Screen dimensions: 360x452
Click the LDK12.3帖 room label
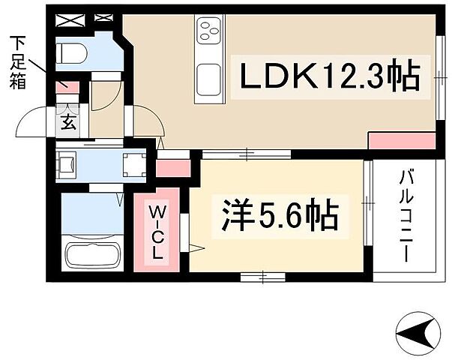pos(328,76)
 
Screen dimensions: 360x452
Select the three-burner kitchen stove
pos(207,31)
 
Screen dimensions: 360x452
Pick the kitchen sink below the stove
pos(208,76)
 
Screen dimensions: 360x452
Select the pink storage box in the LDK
pos(402,139)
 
